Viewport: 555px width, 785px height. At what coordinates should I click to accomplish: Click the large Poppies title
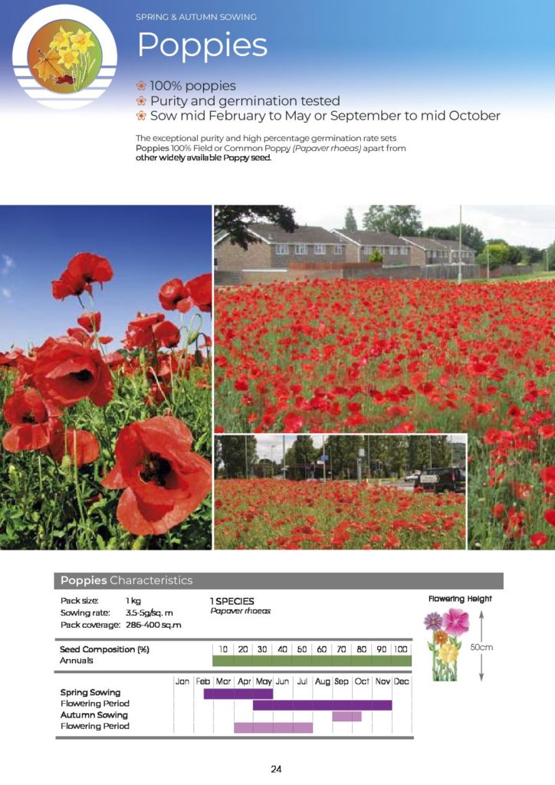coord(202,46)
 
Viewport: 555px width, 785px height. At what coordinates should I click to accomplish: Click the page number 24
coord(276,769)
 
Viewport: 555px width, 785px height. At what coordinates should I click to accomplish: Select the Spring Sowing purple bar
coord(238,693)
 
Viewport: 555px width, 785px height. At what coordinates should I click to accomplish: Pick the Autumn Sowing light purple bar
coord(346,716)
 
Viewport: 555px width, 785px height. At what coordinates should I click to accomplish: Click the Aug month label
coord(322,681)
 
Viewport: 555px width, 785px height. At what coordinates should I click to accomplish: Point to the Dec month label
coord(402,681)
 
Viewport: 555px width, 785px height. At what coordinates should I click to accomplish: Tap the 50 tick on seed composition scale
coord(302,649)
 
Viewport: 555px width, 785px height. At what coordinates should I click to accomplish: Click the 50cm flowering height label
coord(481,648)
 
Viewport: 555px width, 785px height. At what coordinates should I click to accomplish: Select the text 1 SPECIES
coord(232,602)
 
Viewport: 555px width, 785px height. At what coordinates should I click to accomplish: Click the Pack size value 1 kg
coord(133,601)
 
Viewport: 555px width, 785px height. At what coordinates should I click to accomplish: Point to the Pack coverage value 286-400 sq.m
coord(153,625)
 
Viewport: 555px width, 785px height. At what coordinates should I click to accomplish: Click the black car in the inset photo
coord(439,481)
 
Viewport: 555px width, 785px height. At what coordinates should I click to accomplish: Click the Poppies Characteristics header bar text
coord(126,580)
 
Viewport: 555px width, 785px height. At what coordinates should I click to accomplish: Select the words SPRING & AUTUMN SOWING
coord(196,17)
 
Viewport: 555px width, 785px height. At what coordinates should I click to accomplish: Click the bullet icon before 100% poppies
coord(140,86)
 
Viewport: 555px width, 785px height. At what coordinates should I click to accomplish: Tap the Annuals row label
coord(77,660)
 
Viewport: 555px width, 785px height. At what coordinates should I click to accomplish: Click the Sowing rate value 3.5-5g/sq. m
coord(149,613)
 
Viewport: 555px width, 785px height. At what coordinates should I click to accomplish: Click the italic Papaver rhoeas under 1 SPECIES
coord(240,612)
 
